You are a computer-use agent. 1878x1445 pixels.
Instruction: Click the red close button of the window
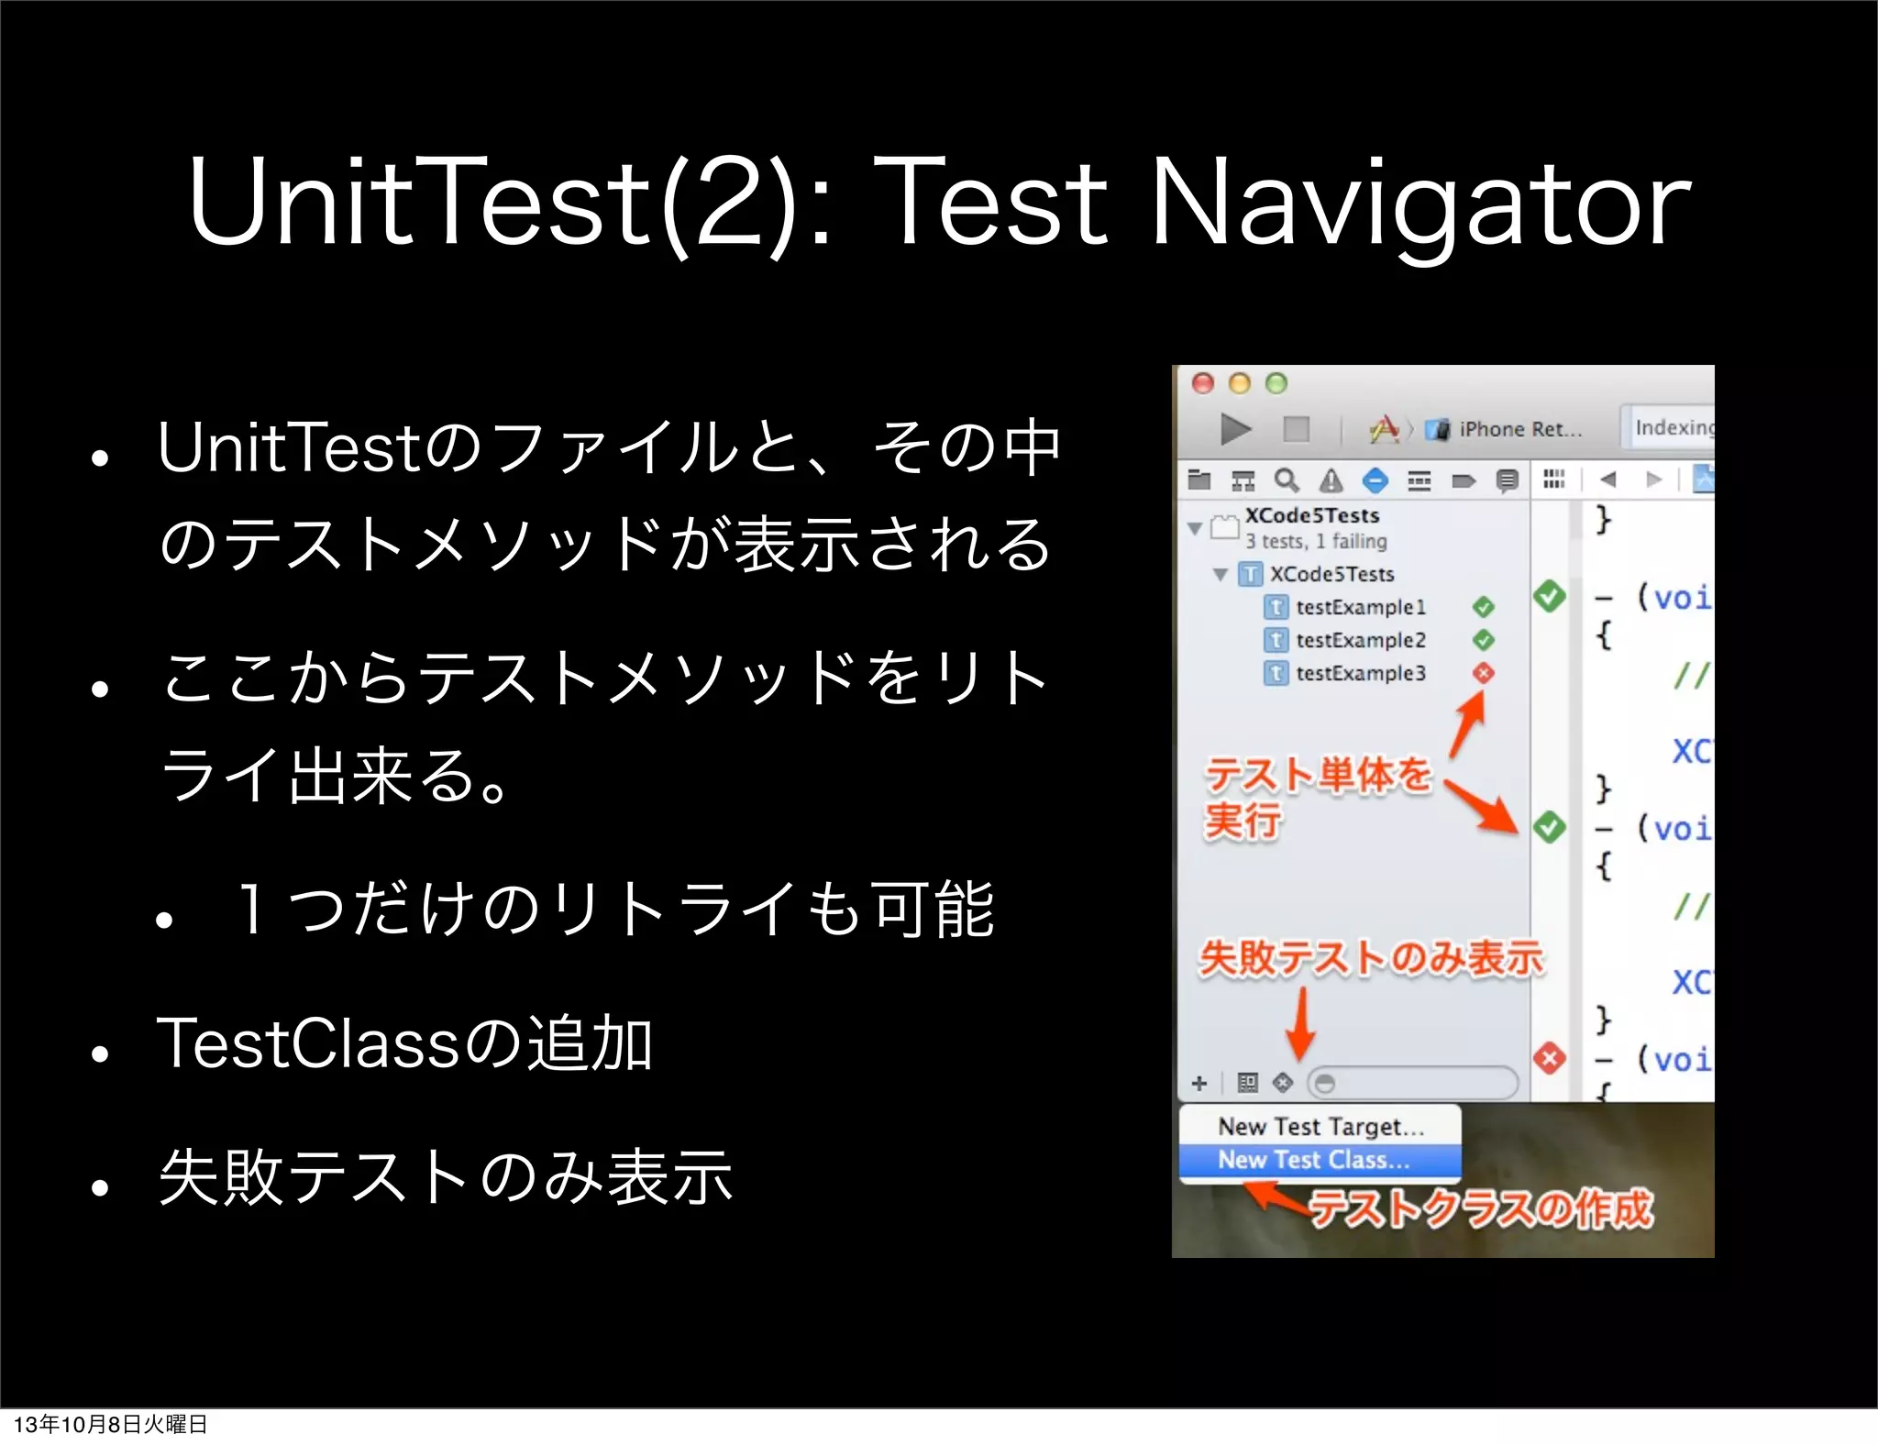1203,383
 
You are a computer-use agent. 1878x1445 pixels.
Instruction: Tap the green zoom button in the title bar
1276,383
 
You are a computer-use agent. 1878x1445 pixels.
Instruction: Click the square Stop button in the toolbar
1296,429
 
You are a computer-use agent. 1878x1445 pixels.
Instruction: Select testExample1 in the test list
1360,607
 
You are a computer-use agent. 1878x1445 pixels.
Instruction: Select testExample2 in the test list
1360,640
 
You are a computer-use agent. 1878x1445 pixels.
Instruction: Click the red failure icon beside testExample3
1484,673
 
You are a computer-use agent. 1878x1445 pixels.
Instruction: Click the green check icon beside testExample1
1484,607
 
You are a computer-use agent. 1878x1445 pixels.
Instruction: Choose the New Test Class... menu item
1313,1160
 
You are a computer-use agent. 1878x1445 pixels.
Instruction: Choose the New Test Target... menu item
1320,1126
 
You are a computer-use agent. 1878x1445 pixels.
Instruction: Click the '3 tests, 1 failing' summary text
1315,542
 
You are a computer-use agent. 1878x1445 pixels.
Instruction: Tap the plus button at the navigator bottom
1199,1084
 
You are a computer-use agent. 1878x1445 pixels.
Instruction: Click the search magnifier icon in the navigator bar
1287,480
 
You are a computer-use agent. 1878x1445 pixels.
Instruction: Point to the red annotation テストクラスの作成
1480,1209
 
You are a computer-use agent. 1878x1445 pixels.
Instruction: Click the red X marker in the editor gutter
1550,1058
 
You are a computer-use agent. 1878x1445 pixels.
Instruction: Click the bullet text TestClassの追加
404,1043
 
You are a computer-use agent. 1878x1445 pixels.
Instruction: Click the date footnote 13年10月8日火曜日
110,1424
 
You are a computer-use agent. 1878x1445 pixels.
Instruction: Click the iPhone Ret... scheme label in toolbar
1519,429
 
